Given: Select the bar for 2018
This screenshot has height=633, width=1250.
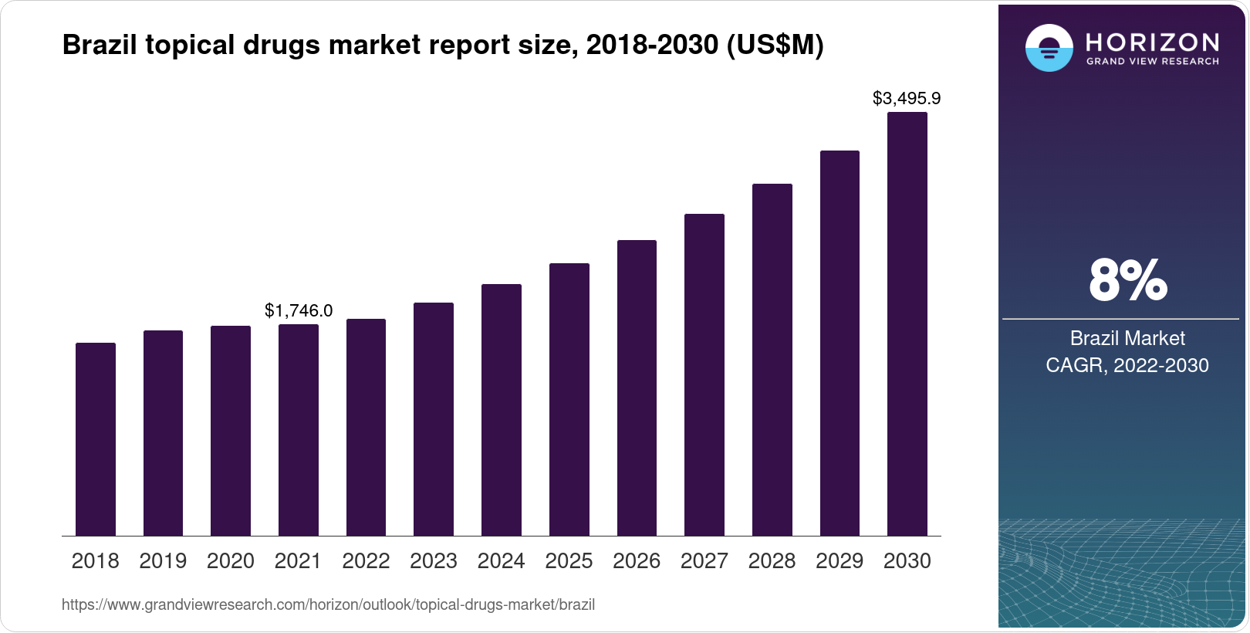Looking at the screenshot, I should click(96, 439).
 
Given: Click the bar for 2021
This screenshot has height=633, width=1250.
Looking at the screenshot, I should click(299, 430).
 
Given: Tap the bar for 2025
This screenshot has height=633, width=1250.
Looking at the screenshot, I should click(569, 399).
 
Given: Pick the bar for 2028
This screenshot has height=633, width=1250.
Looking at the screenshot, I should click(772, 360).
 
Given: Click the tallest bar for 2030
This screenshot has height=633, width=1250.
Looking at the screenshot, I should click(907, 324).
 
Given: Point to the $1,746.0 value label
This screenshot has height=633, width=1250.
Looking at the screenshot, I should click(299, 310).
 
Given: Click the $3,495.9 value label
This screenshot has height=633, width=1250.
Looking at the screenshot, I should click(907, 99).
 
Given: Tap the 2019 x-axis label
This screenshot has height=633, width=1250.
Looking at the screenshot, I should click(163, 561).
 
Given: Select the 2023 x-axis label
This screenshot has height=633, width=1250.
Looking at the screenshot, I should click(434, 561).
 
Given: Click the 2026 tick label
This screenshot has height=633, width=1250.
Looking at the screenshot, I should click(637, 561).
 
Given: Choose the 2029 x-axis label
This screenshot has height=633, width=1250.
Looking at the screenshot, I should click(840, 561).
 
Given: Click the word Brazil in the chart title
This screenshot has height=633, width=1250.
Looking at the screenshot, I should click(98, 46).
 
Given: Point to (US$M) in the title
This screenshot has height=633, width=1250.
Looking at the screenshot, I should click(775, 46).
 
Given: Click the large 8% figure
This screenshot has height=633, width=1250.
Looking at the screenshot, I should click(1127, 280).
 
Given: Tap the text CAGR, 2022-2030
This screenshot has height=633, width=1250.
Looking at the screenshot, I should click(1127, 365).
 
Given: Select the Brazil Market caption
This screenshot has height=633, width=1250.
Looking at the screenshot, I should click(1127, 338).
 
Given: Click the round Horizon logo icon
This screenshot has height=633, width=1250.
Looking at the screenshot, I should click(1049, 48).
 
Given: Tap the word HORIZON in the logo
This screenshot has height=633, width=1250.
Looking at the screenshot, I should click(1152, 42).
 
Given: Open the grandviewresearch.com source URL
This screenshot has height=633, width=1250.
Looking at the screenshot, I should click(328, 604).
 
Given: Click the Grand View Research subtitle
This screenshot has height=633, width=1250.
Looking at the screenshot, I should click(1152, 61).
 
